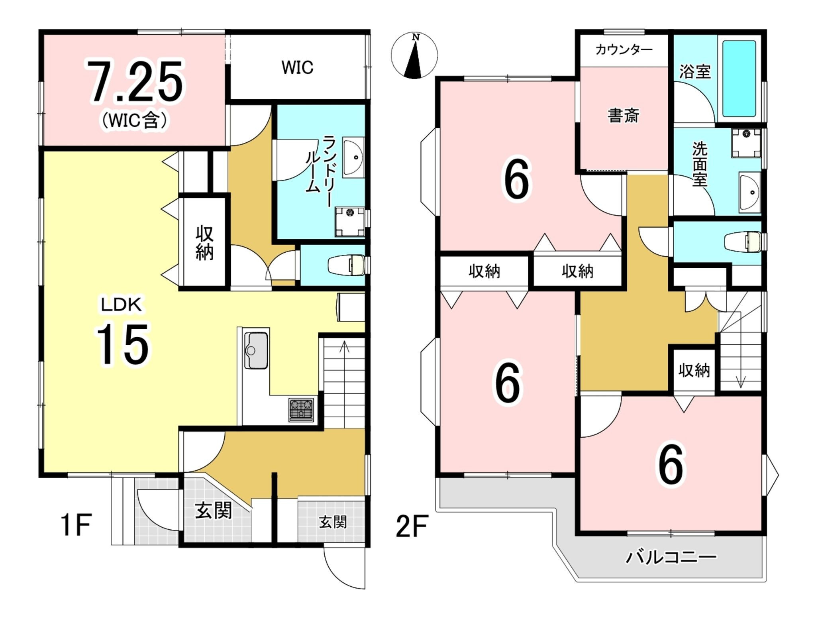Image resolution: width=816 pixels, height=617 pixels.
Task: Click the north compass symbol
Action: (414, 55)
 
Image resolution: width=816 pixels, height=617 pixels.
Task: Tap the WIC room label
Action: (297, 67)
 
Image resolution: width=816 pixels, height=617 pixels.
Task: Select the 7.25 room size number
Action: (135, 81)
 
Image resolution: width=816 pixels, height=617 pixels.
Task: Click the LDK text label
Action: (121, 305)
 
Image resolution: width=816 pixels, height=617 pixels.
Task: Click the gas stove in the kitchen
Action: (301, 409)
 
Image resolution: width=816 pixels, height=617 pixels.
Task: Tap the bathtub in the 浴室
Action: (739, 79)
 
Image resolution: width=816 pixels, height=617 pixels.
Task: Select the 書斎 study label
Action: (623, 116)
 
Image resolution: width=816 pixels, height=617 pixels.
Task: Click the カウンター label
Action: (624, 50)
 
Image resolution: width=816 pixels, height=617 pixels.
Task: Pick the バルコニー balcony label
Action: (671, 557)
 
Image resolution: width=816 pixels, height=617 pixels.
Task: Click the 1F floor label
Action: (76, 525)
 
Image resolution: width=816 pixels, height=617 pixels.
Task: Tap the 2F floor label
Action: (412, 526)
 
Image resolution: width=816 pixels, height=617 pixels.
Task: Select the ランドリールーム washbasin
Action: (353, 157)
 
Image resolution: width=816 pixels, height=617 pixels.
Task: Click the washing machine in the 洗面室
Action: (746, 143)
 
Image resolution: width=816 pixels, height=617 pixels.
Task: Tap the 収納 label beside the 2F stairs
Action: (694, 370)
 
